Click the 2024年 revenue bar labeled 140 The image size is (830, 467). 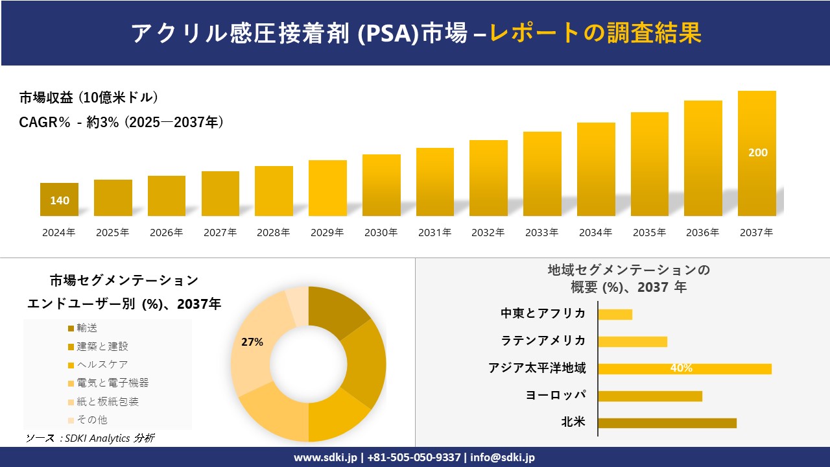point(59,200)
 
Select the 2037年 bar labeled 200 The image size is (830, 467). point(757,153)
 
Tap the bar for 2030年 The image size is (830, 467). point(381,185)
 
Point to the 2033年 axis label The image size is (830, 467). point(541,232)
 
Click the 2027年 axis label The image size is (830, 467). point(220,232)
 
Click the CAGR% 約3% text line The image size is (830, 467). point(122,122)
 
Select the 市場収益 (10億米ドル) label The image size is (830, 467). point(89,98)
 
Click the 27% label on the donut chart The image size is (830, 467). point(252,342)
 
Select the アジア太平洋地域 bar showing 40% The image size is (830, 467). point(684,368)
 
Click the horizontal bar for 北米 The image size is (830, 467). point(667,423)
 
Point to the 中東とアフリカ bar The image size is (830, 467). point(615,314)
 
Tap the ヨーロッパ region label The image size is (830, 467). point(556,395)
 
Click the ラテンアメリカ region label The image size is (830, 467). point(543,341)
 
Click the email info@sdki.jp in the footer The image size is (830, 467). point(503,457)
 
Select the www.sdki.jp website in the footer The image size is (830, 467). point(325,457)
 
